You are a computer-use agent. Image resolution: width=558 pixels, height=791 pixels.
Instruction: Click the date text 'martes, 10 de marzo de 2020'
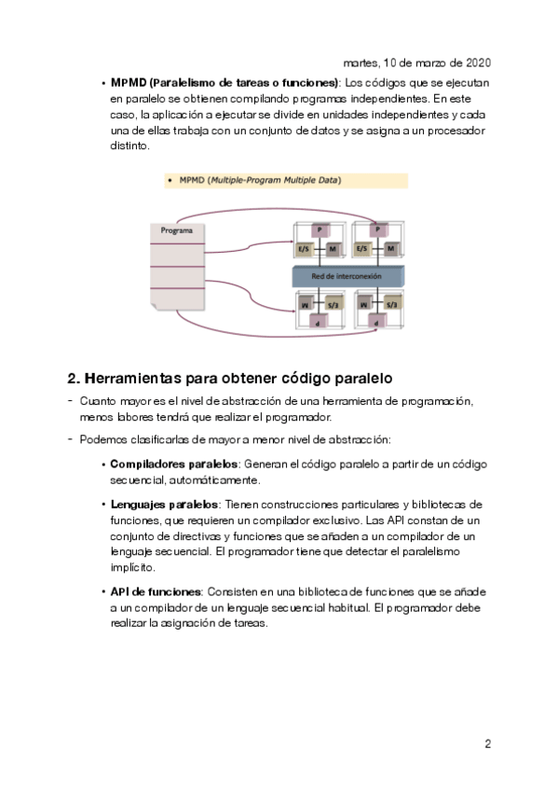pyautogui.click(x=416, y=62)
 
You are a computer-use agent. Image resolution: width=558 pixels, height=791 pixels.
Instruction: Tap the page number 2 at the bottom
pyautogui.click(x=487, y=743)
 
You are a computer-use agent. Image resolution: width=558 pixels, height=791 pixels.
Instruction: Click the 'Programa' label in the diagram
pyautogui.click(x=176, y=230)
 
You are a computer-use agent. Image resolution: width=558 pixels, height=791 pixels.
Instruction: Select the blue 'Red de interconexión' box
pyautogui.click(x=348, y=276)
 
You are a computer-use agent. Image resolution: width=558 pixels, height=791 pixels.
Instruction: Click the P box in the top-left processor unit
pyautogui.click(x=320, y=230)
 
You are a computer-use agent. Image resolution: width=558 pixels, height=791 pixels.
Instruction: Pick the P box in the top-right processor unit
pyautogui.click(x=378, y=230)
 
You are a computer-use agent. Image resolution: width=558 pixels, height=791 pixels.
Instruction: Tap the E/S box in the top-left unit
pyautogui.click(x=304, y=249)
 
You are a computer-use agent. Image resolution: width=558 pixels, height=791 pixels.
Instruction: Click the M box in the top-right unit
pyautogui.click(x=391, y=249)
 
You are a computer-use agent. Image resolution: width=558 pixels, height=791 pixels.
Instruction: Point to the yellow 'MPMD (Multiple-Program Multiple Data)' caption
pyautogui.click(x=286, y=181)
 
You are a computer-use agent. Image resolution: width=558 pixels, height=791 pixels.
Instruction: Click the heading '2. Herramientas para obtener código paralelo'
pyautogui.click(x=230, y=379)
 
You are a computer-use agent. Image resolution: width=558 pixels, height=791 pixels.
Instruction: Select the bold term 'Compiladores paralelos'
pyautogui.click(x=174, y=464)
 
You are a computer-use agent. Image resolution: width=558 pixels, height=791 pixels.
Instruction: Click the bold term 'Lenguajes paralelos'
pyautogui.click(x=164, y=505)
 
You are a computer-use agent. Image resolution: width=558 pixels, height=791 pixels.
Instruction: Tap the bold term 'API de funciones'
pyautogui.click(x=156, y=591)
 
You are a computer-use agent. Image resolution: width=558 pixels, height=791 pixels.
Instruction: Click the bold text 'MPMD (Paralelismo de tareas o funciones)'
pyautogui.click(x=225, y=83)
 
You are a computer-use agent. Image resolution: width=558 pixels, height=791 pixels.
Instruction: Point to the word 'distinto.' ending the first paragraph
pyautogui.click(x=129, y=146)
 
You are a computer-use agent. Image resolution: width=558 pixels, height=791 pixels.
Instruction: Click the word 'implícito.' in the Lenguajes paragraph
pyautogui.click(x=133, y=567)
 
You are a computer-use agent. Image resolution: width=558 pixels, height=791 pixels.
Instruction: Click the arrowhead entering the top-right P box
pyautogui.click(x=374, y=222)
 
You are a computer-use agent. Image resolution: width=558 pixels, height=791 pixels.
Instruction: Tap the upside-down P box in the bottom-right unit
pyautogui.click(x=376, y=321)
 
